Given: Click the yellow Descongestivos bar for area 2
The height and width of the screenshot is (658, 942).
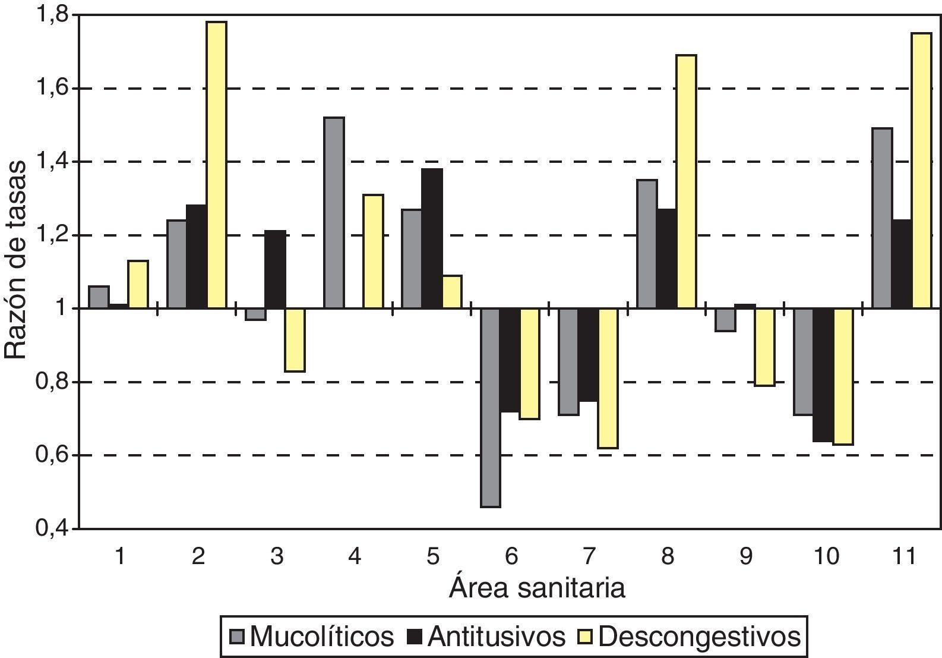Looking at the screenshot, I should tap(216, 165).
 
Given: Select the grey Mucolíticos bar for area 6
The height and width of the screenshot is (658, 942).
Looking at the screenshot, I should tap(491, 407).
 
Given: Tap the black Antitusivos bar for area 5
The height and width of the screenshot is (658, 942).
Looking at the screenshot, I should tap(432, 238).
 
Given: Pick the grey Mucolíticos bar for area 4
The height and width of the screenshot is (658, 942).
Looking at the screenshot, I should tap(334, 213).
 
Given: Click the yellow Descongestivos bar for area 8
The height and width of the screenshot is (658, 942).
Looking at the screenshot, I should tap(686, 182).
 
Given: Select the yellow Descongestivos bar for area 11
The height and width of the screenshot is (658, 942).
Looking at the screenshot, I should tap(921, 171).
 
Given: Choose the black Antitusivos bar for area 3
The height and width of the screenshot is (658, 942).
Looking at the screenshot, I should tap(275, 269).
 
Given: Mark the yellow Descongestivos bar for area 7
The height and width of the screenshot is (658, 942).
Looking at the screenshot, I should tap(608, 378).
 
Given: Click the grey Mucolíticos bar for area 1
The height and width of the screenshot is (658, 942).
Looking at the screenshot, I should tap(99, 297).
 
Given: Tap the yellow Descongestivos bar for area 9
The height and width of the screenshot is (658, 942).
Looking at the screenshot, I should tap(765, 347).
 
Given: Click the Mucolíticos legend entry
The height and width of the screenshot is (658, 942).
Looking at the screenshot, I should tap(312, 637).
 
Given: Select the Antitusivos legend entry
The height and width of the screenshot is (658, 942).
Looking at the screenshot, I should tap(486, 637).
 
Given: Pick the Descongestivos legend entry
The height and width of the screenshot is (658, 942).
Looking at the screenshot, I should tap(689, 637).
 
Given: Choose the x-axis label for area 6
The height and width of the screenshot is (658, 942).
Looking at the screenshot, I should tap(511, 557).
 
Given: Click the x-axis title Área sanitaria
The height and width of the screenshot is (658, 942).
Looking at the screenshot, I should tap(537, 588).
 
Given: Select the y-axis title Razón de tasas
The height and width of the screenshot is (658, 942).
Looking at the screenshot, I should tap(17, 259).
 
